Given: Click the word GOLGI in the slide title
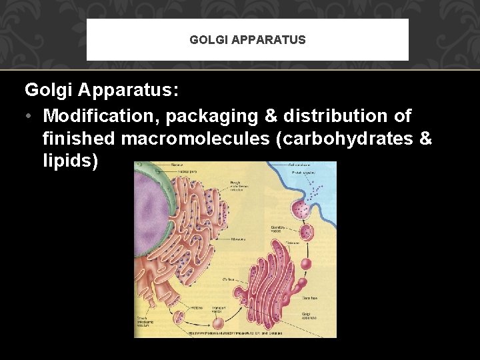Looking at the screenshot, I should coord(207,40).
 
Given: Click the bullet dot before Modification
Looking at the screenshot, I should coord(29,116).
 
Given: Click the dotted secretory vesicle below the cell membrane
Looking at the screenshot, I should coord(305,232).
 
